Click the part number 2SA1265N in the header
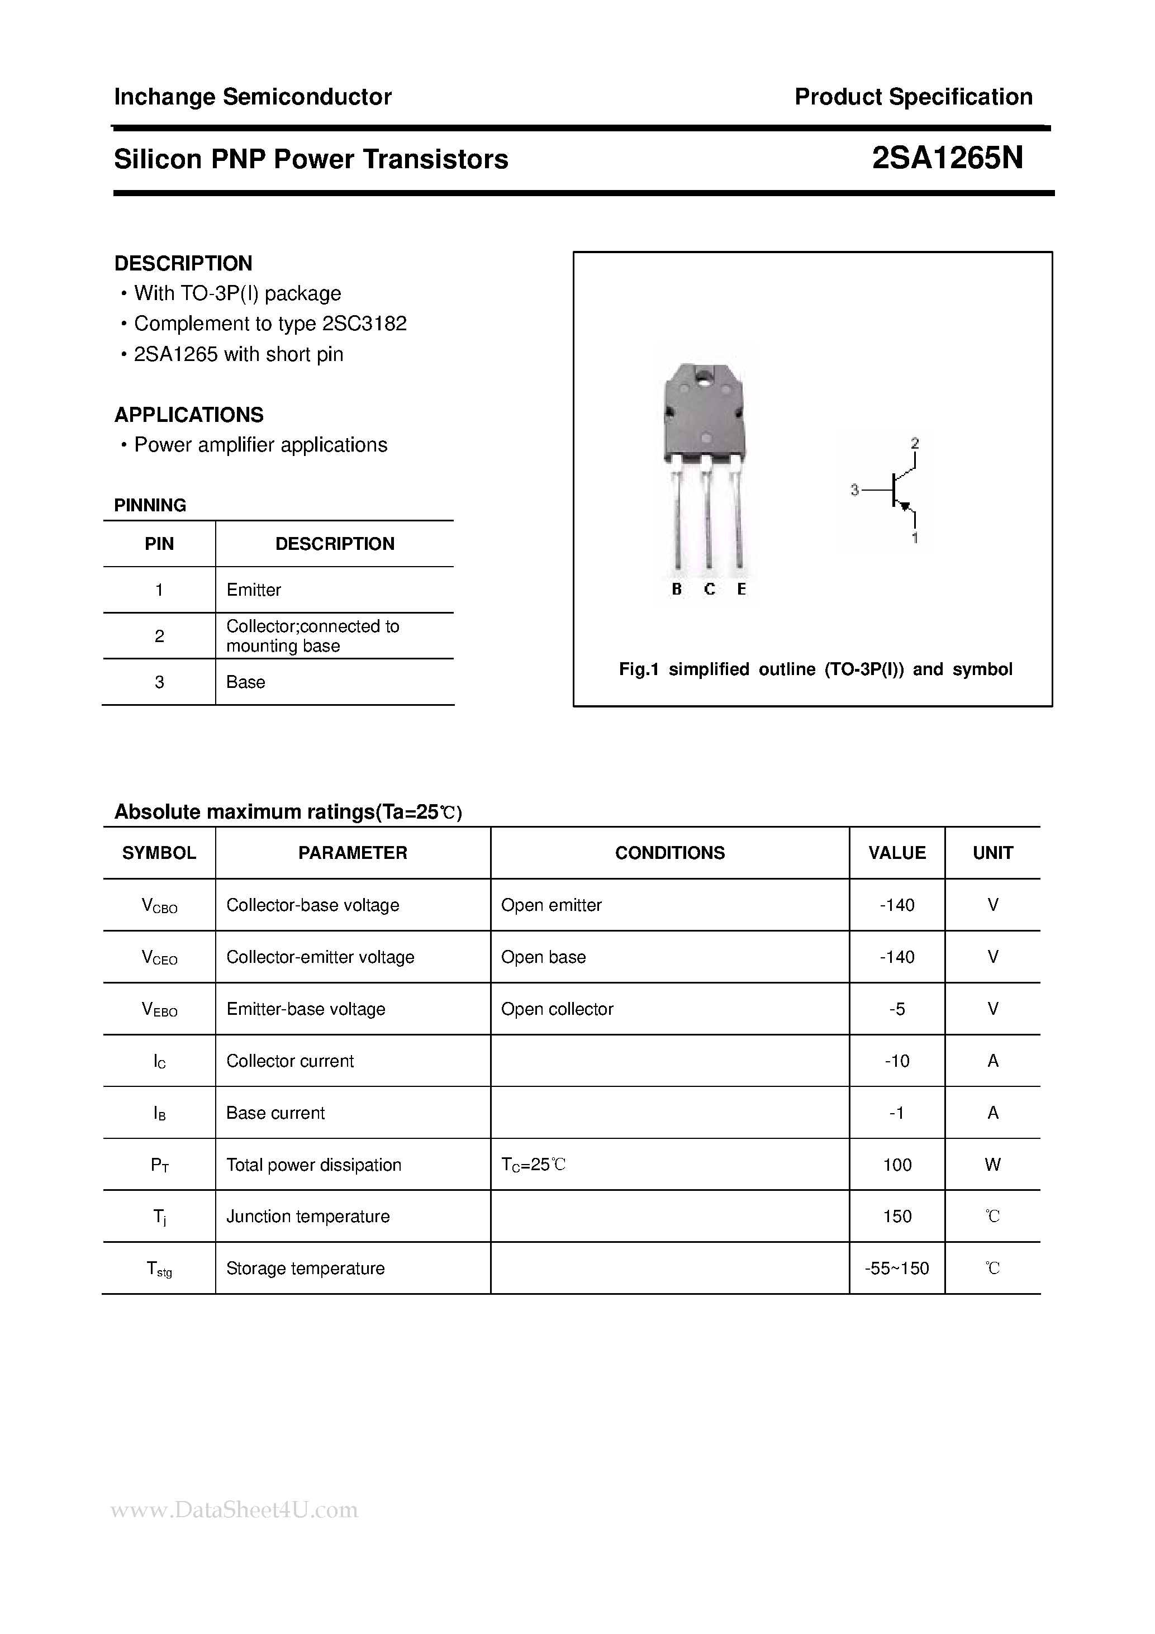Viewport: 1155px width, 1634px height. (947, 159)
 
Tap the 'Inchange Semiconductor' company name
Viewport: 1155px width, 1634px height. (253, 97)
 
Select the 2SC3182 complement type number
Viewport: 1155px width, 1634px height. (364, 324)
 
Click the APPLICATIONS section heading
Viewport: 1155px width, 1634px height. (188, 415)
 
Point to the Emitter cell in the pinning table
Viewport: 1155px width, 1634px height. (253, 590)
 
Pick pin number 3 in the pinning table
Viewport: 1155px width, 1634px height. (159, 682)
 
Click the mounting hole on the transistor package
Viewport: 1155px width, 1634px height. (706, 377)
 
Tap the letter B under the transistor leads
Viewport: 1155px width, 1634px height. (677, 589)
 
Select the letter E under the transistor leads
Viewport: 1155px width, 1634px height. (742, 589)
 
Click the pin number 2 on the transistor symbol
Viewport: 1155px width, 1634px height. (915, 443)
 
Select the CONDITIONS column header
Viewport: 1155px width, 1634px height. (669, 853)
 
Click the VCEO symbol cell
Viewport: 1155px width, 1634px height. (159, 958)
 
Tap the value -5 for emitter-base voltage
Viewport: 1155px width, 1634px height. (897, 1009)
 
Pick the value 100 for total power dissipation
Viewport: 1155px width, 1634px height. (897, 1165)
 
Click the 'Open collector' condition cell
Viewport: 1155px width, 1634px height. (557, 1009)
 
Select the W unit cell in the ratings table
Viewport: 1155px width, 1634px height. (993, 1165)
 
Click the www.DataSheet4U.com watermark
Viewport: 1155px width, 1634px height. (235, 1510)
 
